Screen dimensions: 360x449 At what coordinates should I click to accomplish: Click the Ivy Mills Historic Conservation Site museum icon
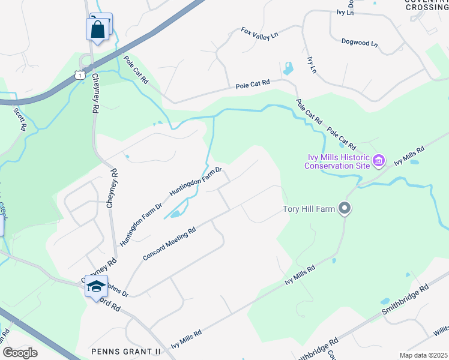click(x=378, y=160)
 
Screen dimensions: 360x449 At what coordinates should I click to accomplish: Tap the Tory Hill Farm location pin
click(x=345, y=208)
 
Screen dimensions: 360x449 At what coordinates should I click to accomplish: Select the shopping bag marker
click(x=97, y=29)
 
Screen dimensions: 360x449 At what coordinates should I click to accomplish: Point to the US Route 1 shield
click(x=79, y=73)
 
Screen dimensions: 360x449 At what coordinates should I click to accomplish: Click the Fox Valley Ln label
click(x=260, y=32)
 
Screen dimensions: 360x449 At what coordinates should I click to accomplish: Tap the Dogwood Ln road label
click(x=359, y=44)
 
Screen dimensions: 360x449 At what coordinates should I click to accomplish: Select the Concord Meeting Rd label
click(x=170, y=244)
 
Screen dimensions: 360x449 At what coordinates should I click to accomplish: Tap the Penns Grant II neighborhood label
click(x=126, y=350)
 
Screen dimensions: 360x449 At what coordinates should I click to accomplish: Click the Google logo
click(x=20, y=352)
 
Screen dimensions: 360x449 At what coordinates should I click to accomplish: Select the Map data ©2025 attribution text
click(x=423, y=355)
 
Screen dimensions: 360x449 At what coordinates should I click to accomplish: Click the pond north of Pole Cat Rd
click(x=288, y=68)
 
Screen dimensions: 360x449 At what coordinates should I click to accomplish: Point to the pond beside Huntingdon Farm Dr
click(x=175, y=213)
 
